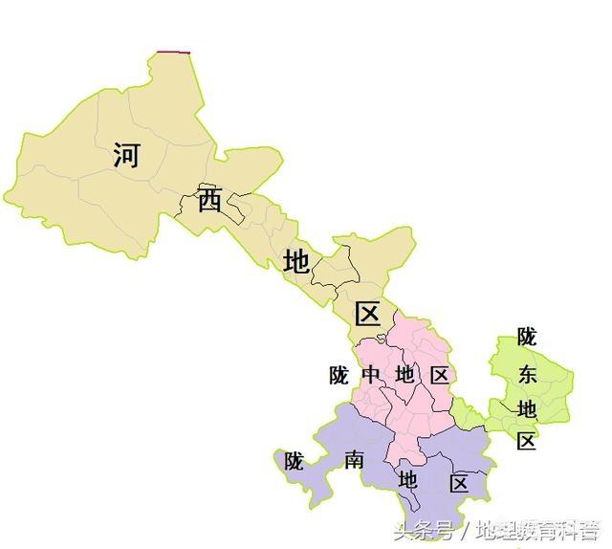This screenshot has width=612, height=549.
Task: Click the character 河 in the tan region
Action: click(125, 154)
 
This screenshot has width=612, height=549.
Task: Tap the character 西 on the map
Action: click(210, 200)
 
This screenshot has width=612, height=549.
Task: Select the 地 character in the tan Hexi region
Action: click(296, 261)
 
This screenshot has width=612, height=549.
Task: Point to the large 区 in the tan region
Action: click(368, 313)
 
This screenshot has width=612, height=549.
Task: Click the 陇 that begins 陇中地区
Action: click(339, 375)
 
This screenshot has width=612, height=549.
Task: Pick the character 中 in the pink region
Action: click(371, 375)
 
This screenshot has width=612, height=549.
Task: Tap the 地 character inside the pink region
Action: click(404, 375)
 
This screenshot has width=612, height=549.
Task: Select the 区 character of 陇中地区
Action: click(439, 375)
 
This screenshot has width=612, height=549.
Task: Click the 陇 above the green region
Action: click(527, 337)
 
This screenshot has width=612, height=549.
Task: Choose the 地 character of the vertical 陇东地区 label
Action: click(527, 408)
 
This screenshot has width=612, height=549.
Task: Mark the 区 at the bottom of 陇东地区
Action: click(527, 441)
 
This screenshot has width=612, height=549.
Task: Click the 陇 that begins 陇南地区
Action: click(293, 461)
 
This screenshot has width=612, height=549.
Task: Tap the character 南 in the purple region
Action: click(353, 461)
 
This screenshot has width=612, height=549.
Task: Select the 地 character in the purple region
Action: click(408, 478)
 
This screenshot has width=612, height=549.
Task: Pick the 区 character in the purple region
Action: click(459, 484)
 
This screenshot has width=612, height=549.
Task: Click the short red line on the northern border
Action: click(174, 52)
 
